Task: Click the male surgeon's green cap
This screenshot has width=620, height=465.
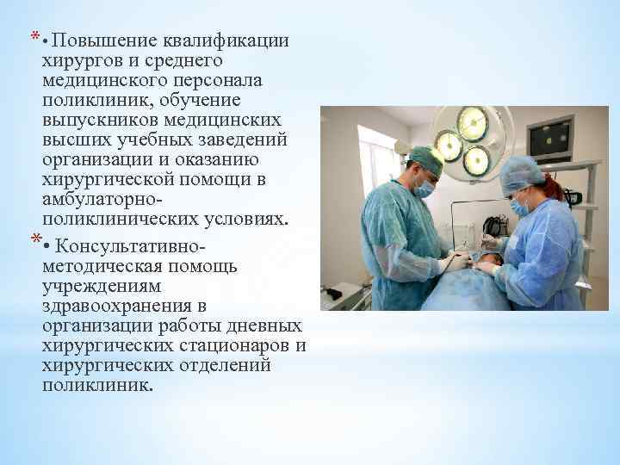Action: coord(425,158)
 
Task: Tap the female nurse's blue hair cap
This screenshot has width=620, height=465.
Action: coord(521,173)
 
